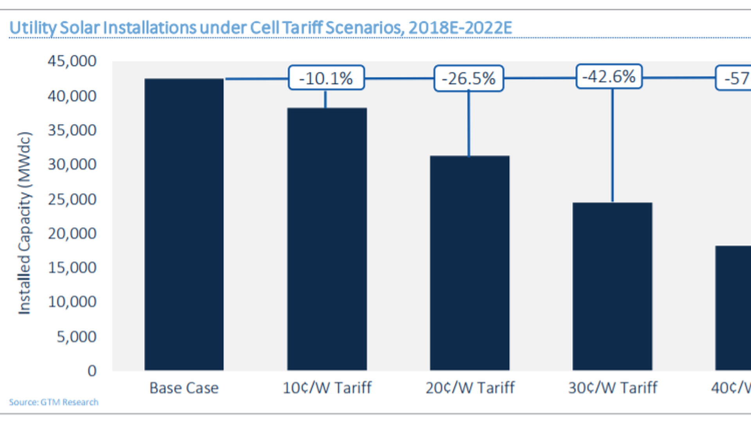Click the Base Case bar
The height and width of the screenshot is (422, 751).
(184, 225)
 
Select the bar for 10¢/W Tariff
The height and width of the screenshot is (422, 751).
(327, 239)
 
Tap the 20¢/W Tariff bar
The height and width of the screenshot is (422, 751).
(469, 263)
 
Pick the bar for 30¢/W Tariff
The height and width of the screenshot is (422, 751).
(612, 286)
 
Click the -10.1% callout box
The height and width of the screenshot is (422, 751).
(326, 78)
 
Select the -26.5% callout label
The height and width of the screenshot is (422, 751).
(469, 79)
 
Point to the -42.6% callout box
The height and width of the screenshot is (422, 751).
(609, 77)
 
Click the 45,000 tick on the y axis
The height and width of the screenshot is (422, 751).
(72, 61)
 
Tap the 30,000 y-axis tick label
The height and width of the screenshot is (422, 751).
(72, 165)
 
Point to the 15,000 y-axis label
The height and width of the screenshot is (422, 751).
(72, 268)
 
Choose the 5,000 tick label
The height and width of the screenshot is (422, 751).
(76, 336)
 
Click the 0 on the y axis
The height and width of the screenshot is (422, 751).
(92, 370)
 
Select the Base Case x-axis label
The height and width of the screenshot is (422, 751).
(184, 388)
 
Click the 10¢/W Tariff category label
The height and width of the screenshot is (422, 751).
(327, 388)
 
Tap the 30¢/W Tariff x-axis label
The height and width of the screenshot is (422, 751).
(613, 388)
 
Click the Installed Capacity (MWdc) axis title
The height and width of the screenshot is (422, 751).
(24, 223)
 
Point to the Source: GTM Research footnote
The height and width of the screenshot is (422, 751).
(54, 402)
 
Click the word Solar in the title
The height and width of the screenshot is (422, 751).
(79, 28)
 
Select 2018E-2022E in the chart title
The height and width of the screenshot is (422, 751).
(460, 28)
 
